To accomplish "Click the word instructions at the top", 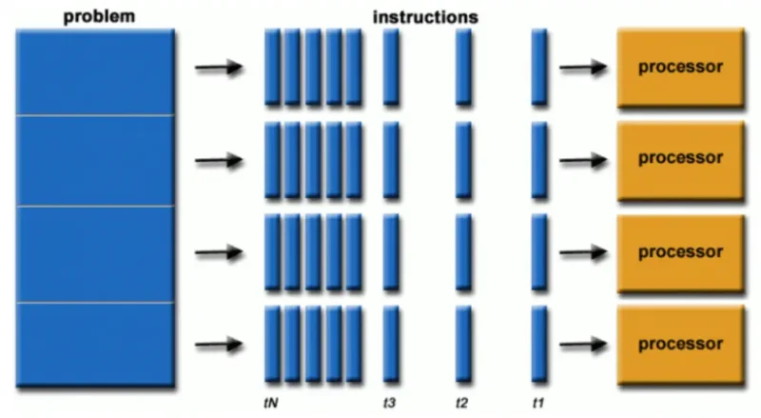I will [425, 17].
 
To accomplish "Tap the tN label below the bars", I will [271, 404].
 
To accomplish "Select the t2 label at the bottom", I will [462, 404].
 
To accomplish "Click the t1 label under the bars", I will [538, 404].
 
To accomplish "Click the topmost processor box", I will [679, 68].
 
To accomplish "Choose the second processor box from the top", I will [679, 160].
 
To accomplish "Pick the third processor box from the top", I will [679, 252].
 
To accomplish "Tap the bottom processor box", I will [679, 344].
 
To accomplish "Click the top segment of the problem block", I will [95, 72].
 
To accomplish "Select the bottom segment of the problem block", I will [95, 344].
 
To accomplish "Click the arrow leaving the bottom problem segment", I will [218, 345].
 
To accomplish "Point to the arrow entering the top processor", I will [583, 68].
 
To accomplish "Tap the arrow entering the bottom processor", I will [583, 345].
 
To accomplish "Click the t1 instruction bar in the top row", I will [539, 68].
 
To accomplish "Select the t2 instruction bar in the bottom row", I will [463, 345].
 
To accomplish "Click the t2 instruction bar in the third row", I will [463, 252].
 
